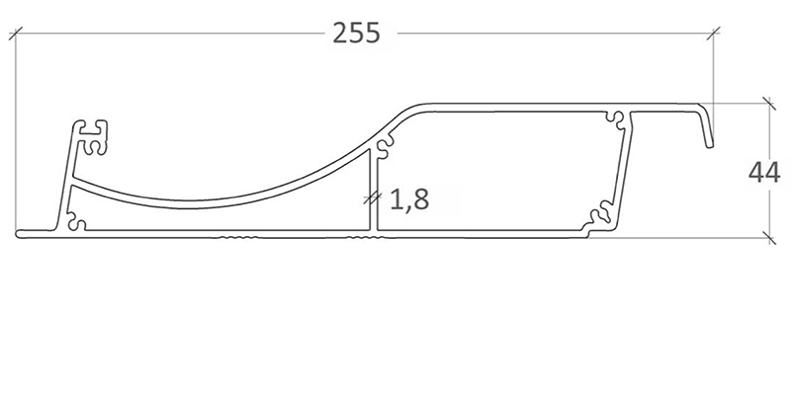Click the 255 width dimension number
coord(356,34)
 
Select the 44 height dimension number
coord(764,173)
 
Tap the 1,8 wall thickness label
coord(409,199)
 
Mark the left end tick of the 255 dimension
coord(16,34)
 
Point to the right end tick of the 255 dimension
coord(713,34)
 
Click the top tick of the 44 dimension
coord(769,104)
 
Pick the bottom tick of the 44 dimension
coord(769,238)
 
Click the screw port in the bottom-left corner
coord(76,221)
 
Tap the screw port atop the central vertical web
coord(384,146)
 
